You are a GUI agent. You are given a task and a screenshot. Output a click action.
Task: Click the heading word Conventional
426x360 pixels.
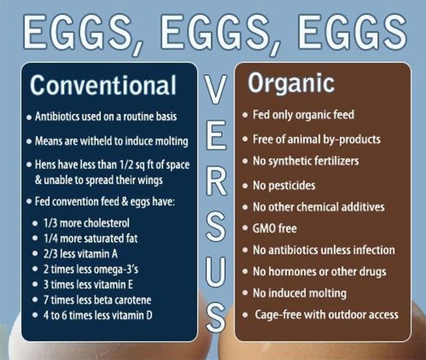pyautogui.click(x=103, y=85)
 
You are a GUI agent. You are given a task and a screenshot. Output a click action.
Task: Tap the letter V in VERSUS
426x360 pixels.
pyautogui.click(x=215, y=90)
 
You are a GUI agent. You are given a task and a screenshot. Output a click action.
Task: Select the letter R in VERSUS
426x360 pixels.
pyautogui.click(x=216, y=181)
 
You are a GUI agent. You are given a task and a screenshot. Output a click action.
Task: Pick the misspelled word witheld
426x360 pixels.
pyautogui.click(x=96, y=141)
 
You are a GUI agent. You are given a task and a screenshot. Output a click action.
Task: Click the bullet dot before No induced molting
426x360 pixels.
pyautogui.click(x=245, y=293)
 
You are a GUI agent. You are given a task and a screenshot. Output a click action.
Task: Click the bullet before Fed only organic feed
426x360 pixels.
pyautogui.click(x=245, y=115)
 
